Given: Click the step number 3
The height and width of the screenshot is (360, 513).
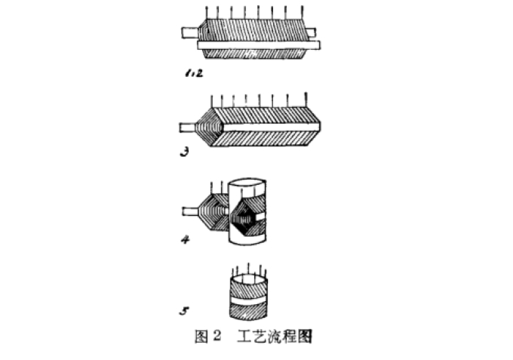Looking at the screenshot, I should point(183,151).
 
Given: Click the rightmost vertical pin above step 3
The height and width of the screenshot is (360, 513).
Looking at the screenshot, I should point(306,99).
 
